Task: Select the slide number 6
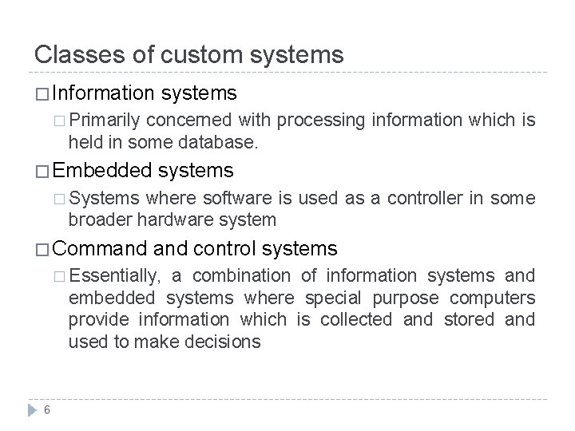pos(48,410)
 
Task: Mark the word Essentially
pos(116,276)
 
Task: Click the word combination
pos(241,276)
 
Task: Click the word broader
pos(96,219)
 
